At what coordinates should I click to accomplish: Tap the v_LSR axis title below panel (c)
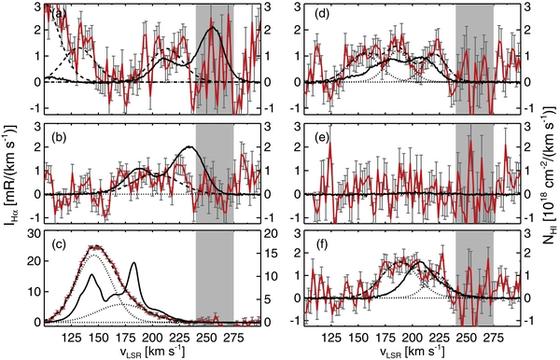151,352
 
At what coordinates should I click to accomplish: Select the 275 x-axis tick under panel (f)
492,335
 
